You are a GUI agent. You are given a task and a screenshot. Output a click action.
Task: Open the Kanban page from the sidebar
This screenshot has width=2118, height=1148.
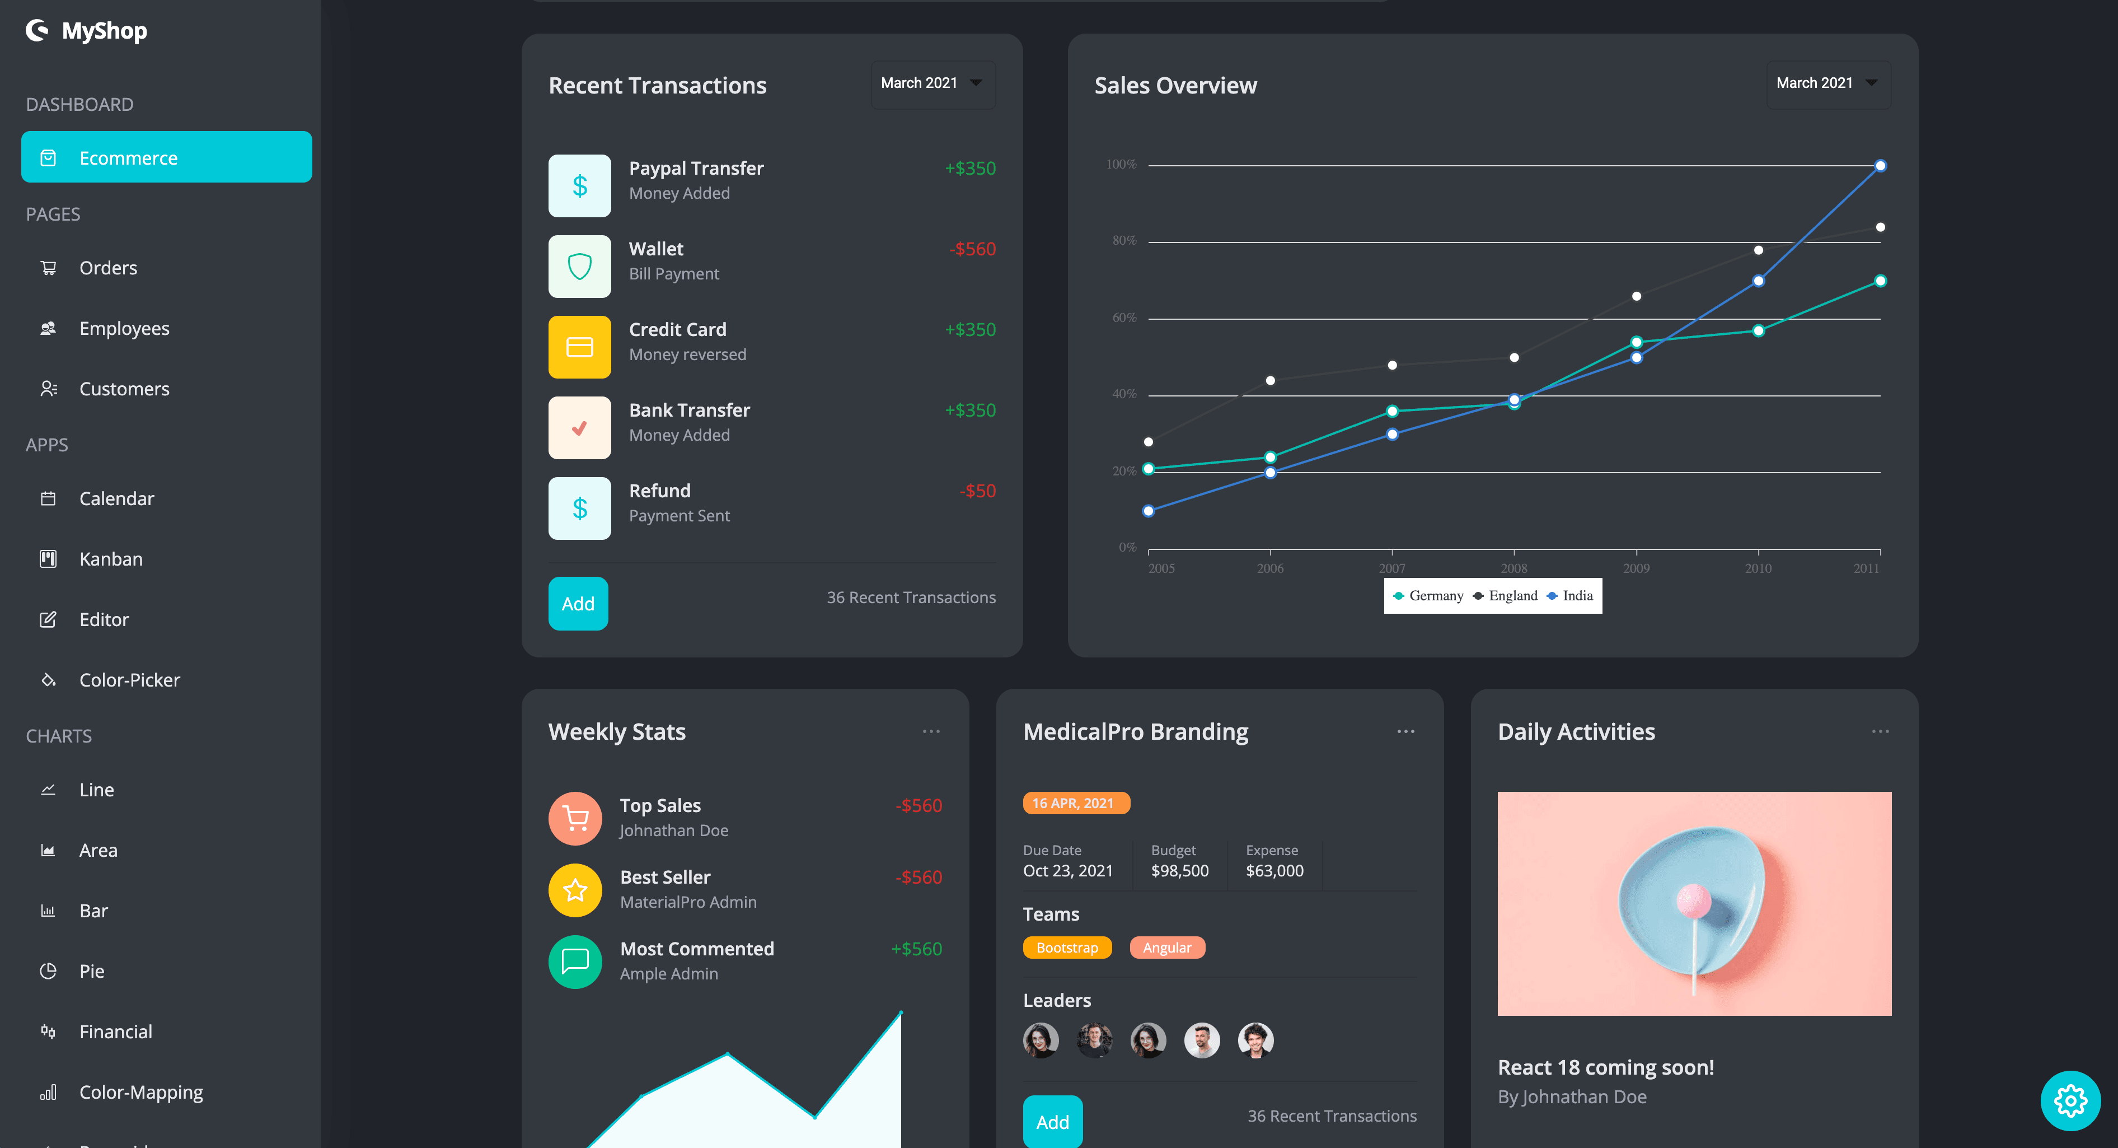(x=110, y=559)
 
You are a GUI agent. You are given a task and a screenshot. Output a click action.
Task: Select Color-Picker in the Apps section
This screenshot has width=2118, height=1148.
(x=129, y=680)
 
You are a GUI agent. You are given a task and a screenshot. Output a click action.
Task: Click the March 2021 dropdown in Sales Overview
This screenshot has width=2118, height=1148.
(x=1827, y=83)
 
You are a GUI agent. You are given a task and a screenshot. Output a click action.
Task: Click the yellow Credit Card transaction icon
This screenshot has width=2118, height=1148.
(x=579, y=347)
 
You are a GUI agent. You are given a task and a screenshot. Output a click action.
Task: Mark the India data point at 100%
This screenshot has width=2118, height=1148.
(x=1880, y=166)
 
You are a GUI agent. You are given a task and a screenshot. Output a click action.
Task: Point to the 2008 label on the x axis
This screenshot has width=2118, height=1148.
(x=1513, y=568)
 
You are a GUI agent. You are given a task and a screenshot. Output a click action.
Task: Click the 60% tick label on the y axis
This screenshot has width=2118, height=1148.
(x=1124, y=318)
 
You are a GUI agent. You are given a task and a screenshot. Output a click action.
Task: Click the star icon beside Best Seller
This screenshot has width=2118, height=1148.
(x=575, y=890)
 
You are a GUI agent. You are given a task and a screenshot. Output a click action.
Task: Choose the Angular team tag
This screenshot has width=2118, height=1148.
(x=1166, y=948)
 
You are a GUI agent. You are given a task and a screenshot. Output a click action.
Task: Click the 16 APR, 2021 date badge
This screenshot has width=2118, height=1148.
(x=1075, y=802)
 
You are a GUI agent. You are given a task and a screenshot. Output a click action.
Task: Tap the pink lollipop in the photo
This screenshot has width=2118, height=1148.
(x=1694, y=901)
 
